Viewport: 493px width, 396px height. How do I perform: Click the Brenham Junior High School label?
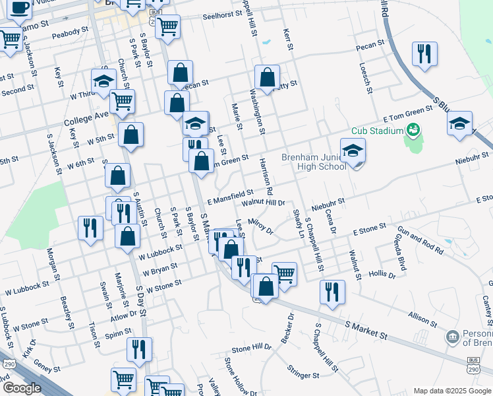click(x=314, y=162)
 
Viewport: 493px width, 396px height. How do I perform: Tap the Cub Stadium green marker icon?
click(x=413, y=129)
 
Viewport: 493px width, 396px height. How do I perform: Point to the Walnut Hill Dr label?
click(x=262, y=203)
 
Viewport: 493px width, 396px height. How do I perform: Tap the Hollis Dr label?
click(x=382, y=274)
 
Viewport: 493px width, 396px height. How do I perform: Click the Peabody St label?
click(x=71, y=32)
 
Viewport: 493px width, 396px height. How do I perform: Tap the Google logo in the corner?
click(x=22, y=388)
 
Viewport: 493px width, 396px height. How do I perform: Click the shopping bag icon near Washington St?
click(x=267, y=77)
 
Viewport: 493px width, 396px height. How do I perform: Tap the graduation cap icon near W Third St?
click(x=103, y=80)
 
